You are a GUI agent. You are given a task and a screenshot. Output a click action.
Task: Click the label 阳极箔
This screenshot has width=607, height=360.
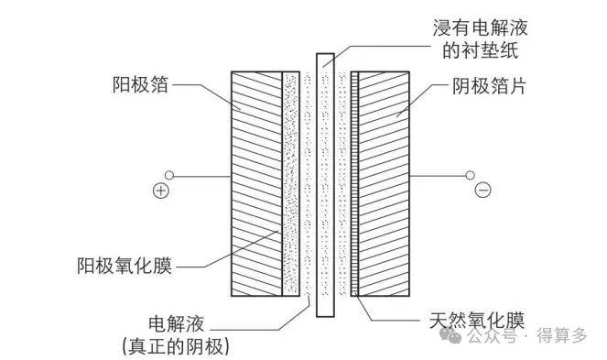pos(140,84)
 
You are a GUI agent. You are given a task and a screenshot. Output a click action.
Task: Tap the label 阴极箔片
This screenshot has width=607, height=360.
pos(489,85)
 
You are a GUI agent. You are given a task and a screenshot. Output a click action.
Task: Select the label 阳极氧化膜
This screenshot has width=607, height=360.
pos(125,266)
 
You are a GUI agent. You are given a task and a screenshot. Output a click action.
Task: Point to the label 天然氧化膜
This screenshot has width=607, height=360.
pos(477,320)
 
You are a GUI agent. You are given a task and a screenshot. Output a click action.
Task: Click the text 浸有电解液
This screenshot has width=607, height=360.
pos(480,27)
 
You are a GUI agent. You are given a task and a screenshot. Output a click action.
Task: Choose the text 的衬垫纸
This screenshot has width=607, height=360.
pos(481,50)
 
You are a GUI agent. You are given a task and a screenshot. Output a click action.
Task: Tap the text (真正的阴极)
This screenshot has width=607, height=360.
pos(175,346)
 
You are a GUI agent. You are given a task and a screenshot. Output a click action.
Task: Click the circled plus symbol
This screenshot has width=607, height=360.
pos(161,191)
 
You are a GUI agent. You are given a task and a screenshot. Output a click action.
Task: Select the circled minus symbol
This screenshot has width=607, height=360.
pos(482,190)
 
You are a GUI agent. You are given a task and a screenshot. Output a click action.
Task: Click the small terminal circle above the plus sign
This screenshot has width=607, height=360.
pos(169,176)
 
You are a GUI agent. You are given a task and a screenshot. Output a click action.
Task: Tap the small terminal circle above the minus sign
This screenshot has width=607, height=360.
pos(470,176)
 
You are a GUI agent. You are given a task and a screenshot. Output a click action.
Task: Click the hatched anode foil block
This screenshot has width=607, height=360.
pos(256,184)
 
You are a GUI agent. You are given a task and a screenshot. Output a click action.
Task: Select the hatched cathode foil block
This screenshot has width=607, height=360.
pos(384,184)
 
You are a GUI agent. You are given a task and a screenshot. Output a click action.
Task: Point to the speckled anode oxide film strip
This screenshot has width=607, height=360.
pos(291,184)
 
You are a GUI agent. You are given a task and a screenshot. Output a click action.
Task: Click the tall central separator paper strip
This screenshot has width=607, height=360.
pos(325,185)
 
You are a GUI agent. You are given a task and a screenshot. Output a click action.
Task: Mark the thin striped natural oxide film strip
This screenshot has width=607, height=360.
pos(354,184)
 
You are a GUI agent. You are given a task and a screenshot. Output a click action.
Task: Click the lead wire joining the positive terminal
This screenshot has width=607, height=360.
pos(202,176)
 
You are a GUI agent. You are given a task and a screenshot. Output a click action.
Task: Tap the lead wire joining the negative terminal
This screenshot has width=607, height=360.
pos(438,176)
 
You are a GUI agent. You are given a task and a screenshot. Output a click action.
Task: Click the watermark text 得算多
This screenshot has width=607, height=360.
pos(562,335)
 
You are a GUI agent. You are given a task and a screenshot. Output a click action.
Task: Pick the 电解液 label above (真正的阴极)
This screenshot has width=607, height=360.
pos(177,323)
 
